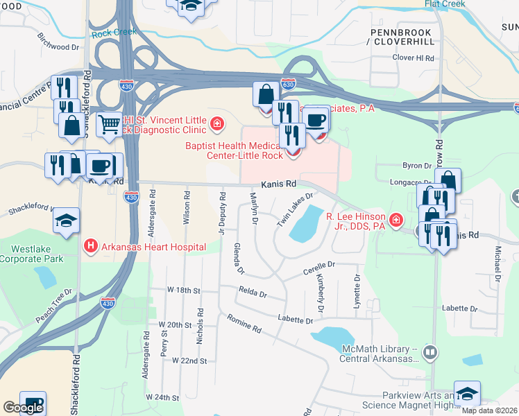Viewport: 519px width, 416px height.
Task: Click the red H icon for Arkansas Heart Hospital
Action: (x=90, y=245)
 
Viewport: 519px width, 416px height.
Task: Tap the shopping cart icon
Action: (x=109, y=125)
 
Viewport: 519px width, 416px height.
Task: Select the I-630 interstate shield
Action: (x=289, y=84)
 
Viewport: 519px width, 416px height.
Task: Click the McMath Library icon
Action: (x=430, y=353)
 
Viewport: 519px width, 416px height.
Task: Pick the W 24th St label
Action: (x=162, y=398)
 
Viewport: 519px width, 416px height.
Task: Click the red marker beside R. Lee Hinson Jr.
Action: (x=395, y=220)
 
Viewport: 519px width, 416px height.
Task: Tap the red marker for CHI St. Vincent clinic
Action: (x=217, y=124)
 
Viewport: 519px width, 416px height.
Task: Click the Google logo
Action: (x=22, y=408)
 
